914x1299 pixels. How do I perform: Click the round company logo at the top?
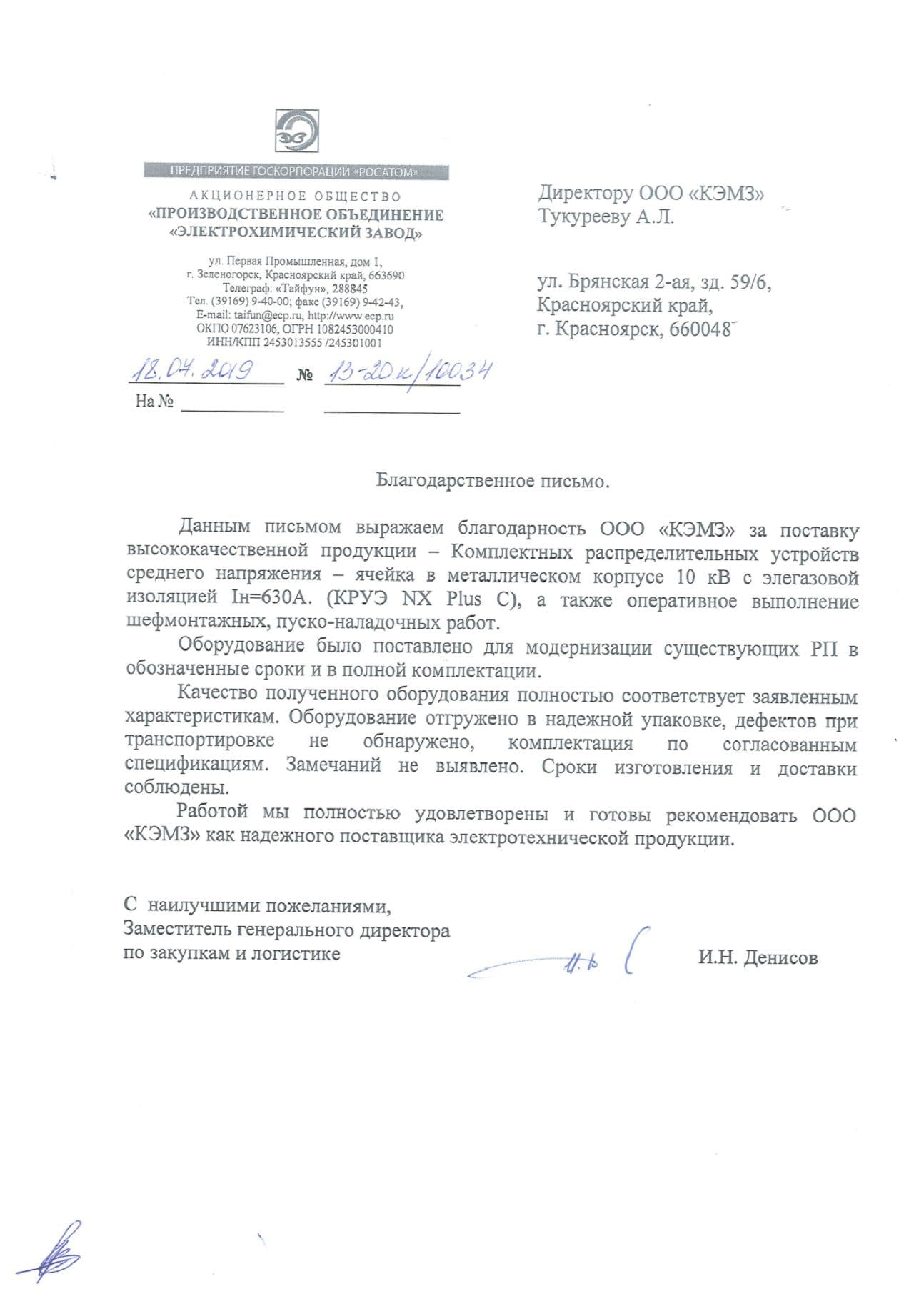coord(296,132)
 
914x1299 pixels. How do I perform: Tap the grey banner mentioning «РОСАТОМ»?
coord(296,171)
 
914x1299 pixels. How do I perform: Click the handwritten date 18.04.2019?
coord(191,371)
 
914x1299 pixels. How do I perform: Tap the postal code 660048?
coord(700,330)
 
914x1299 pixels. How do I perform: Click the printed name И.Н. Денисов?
coord(758,957)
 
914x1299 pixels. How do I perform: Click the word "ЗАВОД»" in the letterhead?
coord(394,233)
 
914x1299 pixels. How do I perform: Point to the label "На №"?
coord(155,402)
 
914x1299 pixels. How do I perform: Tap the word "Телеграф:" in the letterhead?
coord(246,289)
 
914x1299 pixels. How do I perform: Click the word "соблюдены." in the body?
coord(178,788)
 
